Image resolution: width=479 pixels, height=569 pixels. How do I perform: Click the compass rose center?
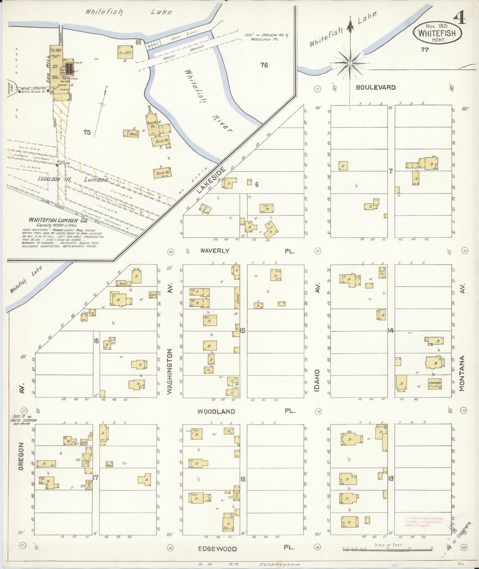coord(350,62)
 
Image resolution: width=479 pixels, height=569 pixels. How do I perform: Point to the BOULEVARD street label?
coord(376,88)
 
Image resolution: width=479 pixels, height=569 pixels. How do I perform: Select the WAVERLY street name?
coord(214,251)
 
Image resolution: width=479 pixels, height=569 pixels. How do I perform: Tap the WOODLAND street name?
coord(216,412)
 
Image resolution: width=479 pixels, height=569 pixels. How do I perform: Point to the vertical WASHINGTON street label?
coord(170,371)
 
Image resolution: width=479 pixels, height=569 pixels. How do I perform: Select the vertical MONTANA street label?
coord(463,373)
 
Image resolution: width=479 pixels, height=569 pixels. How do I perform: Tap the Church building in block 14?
coord(434,383)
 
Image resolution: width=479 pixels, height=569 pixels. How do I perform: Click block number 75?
coord(87,132)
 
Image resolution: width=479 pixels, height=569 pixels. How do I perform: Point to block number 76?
coord(264,65)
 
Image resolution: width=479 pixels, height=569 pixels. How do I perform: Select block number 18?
coord(243,479)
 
